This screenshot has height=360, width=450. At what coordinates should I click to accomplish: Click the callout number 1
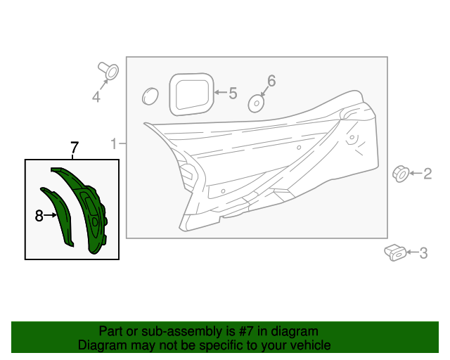(x=113, y=144)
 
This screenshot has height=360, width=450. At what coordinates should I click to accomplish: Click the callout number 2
(x=427, y=174)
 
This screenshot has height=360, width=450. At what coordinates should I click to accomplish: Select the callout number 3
(x=423, y=253)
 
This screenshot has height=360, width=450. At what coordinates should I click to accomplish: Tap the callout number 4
(x=96, y=97)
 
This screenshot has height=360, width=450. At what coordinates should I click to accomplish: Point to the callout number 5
(x=233, y=93)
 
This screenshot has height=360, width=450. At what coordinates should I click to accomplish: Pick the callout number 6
(x=271, y=81)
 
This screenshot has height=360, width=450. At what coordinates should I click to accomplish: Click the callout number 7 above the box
(x=74, y=148)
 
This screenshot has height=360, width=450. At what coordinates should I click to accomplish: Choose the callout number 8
(x=39, y=216)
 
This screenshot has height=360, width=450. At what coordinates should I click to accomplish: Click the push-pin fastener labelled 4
(x=109, y=70)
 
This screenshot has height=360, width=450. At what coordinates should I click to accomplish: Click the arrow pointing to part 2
(x=416, y=173)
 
